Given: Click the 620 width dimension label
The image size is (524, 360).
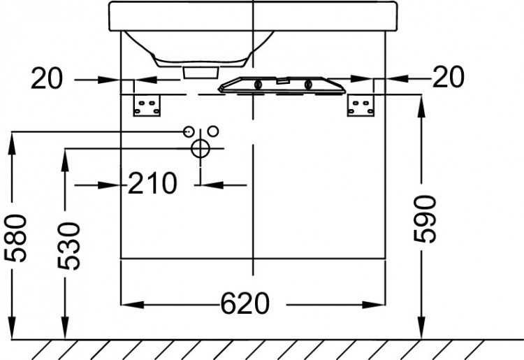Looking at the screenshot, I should (x=245, y=304).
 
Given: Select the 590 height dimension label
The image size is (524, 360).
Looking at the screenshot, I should (x=423, y=219).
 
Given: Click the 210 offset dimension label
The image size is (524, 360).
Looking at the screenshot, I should (x=152, y=185).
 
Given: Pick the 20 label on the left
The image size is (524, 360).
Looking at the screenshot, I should (x=47, y=79).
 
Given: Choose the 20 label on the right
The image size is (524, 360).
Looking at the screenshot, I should (x=448, y=78).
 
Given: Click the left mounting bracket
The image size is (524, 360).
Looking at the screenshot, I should (x=148, y=105).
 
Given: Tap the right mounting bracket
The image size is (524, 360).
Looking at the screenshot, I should (x=362, y=105).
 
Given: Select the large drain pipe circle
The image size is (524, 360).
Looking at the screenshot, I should (x=200, y=148).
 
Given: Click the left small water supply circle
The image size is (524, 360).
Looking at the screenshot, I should (x=188, y=131).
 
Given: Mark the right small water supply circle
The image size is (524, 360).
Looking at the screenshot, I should (x=213, y=131).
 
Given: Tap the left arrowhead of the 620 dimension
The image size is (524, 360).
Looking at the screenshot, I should (x=129, y=305).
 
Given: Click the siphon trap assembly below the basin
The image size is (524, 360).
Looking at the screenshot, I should (x=283, y=85).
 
